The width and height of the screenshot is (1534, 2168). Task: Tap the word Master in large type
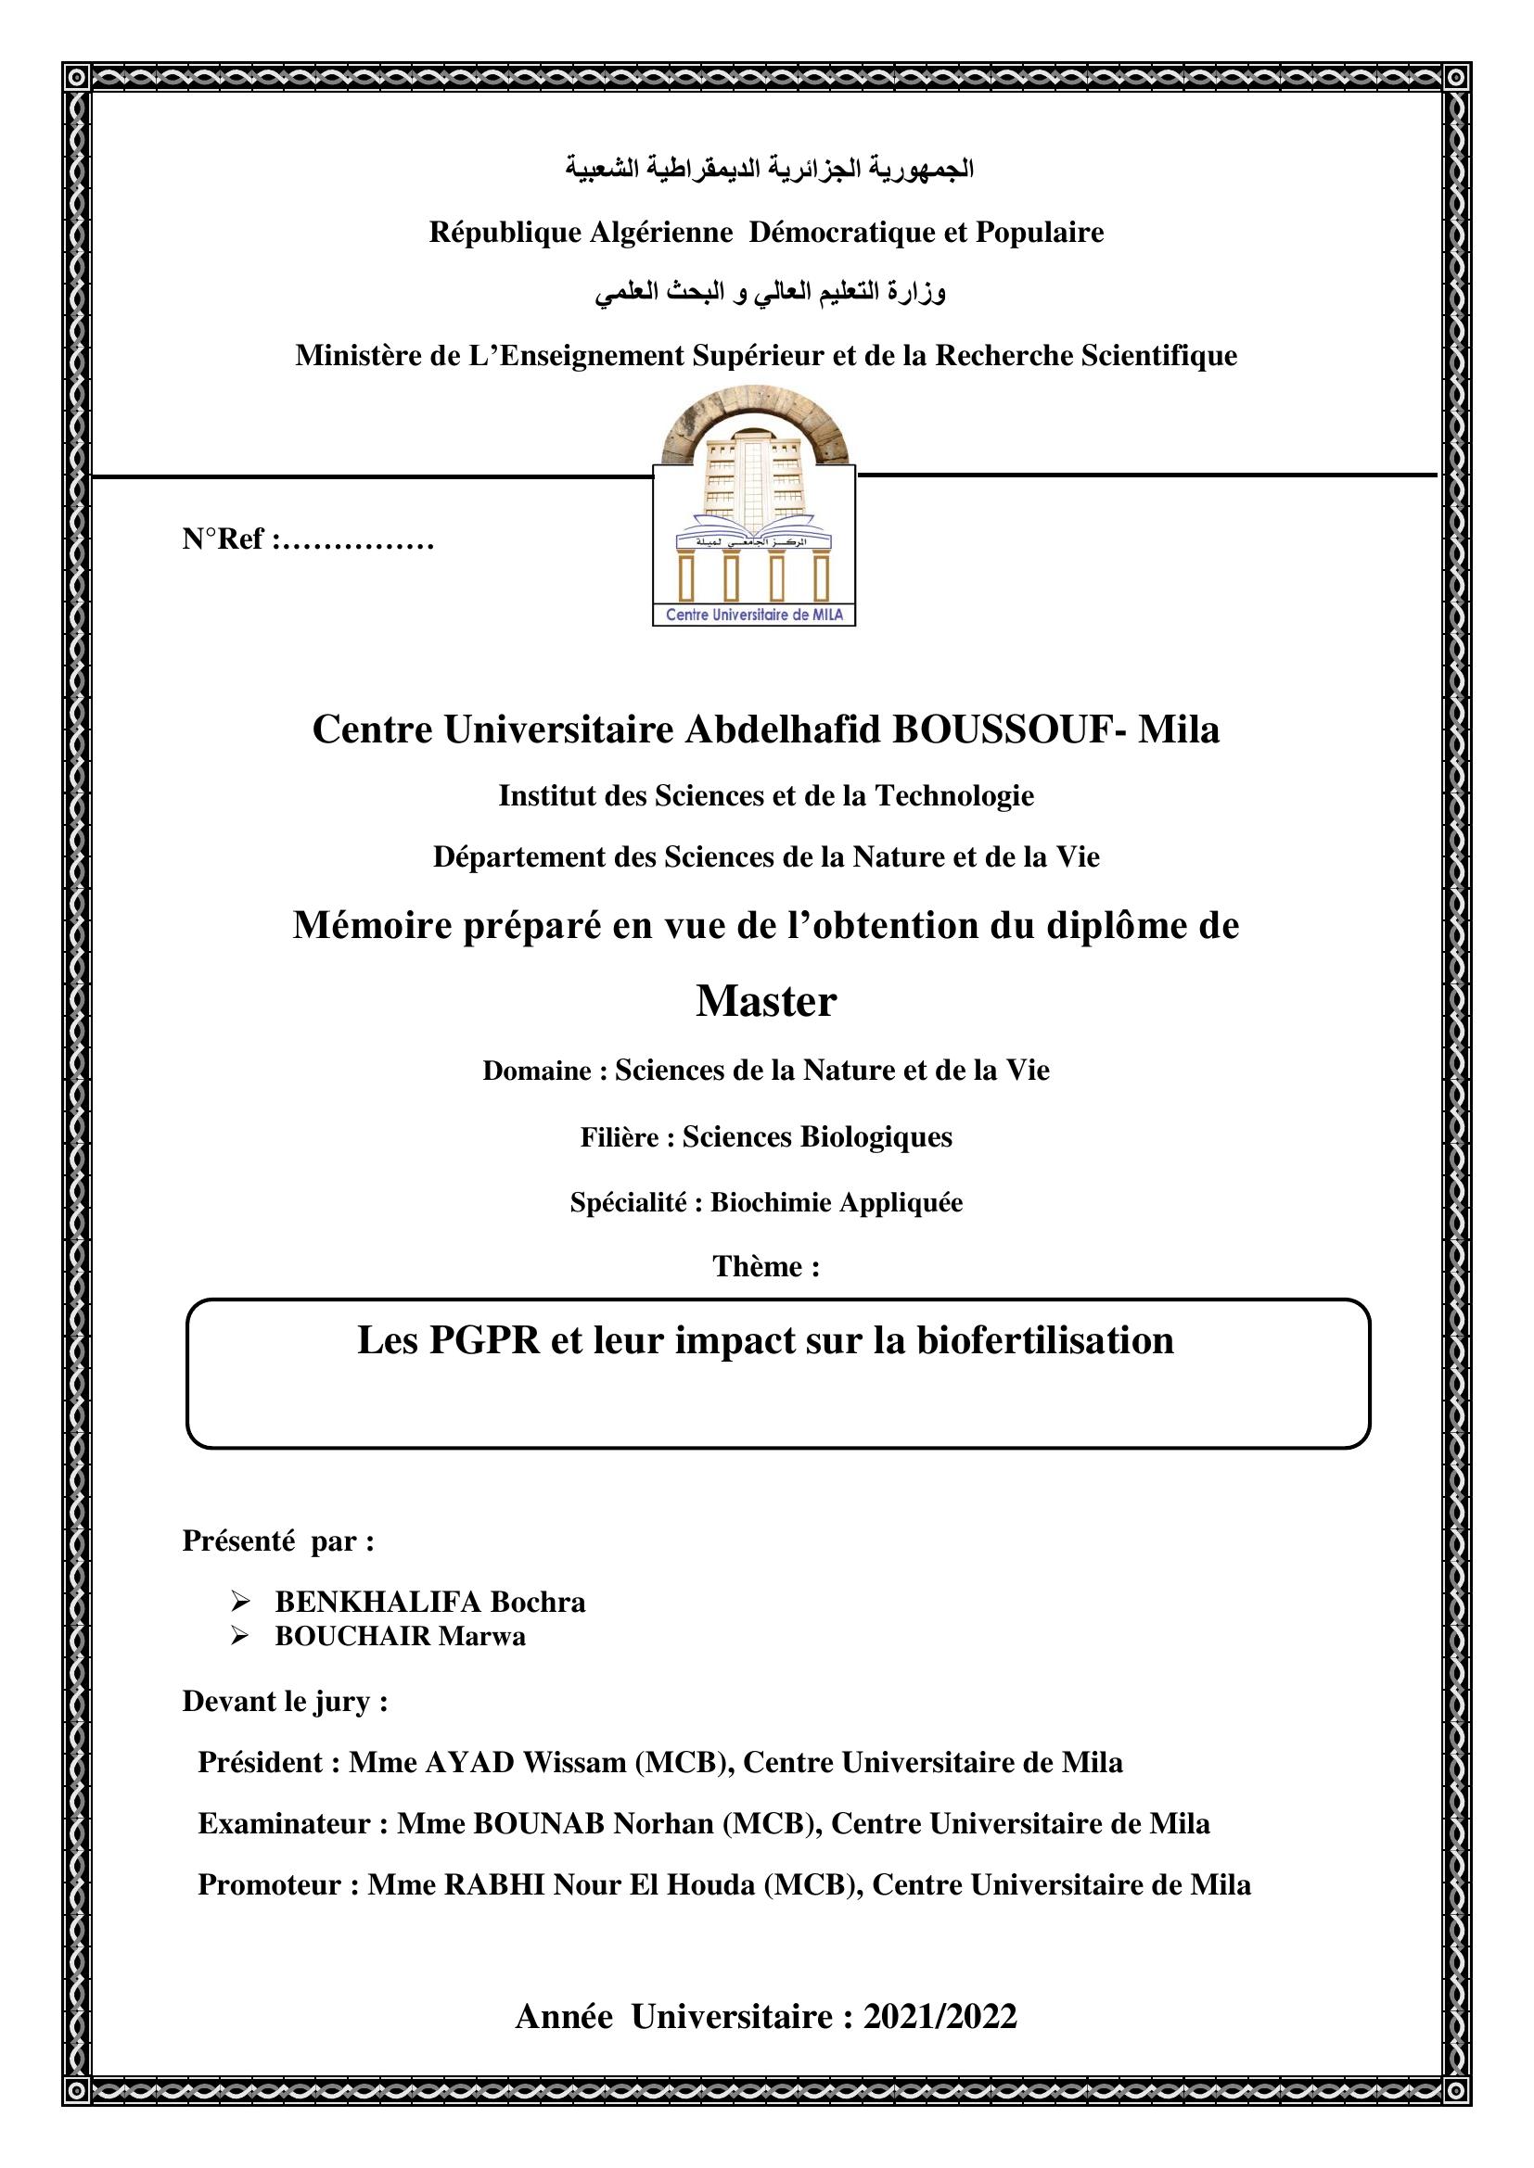click(x=766, y=1002)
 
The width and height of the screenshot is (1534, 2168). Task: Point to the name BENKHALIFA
click(x=377, y=1603)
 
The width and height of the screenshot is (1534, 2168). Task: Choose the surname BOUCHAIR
click(x=352, y=1636)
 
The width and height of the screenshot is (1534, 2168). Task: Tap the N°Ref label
click(x=226, y=539)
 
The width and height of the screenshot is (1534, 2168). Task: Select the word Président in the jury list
click(x=261, y=1763)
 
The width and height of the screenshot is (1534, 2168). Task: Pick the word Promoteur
click(x=271, y=1884)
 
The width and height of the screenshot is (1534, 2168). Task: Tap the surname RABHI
click(x=494, y=1884)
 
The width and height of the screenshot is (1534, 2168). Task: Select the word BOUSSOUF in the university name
click(x=1002, y=729)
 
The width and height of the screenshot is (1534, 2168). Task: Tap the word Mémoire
click(x=372, y=925)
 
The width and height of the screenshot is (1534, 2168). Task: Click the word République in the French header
click(x=505, y=233)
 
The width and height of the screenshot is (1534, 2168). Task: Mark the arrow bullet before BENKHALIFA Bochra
click(x=240, y=1603)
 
